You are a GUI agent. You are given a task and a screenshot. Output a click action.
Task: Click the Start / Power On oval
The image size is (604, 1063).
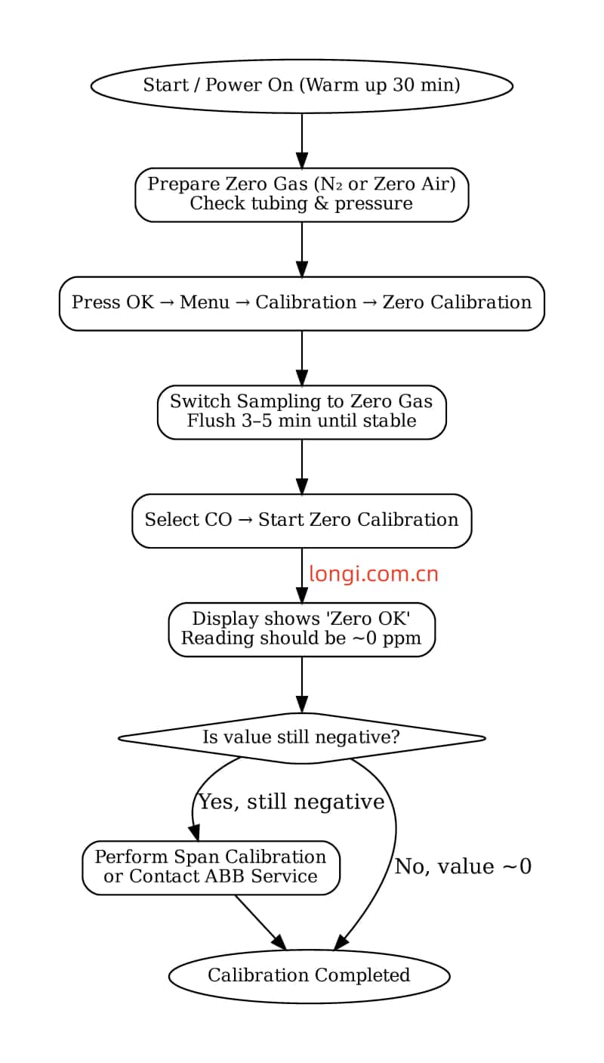(301, 85)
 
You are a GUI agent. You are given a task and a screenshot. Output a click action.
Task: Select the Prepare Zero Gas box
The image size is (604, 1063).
(301, 194)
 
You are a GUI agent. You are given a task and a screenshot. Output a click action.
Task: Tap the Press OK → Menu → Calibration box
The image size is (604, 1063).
(301, 303)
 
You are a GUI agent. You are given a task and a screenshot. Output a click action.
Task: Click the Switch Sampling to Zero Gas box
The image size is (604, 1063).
(301, 412)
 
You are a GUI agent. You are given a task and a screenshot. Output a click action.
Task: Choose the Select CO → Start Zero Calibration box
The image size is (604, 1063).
(301, 521)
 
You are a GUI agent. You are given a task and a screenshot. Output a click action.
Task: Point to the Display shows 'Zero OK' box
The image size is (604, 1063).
(301, 629)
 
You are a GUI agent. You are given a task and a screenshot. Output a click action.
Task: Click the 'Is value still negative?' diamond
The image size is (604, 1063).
(301, 737)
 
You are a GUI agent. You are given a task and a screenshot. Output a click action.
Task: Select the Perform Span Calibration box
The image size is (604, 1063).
(211, 867)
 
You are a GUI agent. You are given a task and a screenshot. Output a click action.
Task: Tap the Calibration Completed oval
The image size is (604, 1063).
(309, 975)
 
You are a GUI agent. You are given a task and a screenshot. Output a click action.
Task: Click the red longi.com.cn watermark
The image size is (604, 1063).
(373, 574)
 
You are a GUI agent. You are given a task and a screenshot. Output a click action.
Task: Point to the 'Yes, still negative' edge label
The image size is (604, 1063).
(291, 802)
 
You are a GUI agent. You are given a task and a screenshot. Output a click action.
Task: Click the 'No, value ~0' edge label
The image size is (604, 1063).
(463, 867)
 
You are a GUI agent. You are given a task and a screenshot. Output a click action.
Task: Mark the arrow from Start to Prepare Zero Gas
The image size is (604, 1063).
(301, 141)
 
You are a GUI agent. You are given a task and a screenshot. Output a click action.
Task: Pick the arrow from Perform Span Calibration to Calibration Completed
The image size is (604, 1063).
(260, 922)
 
